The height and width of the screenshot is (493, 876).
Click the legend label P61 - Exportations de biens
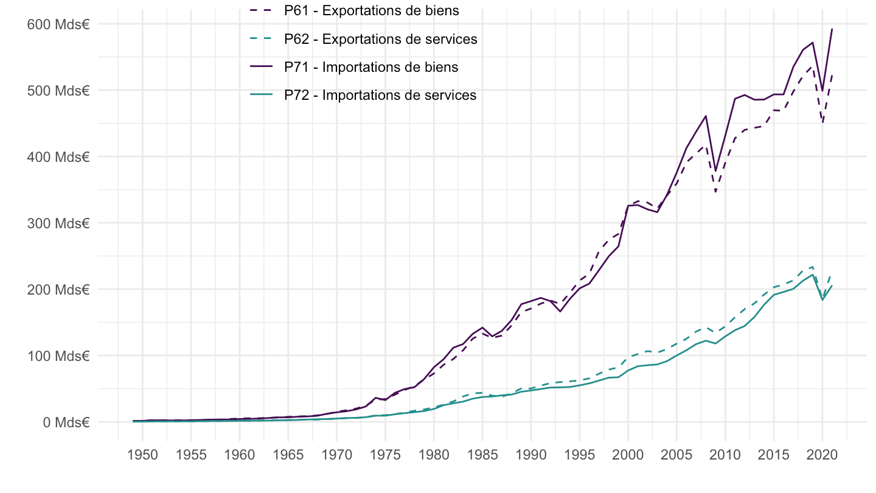pyautogui.click(x=371, y=11)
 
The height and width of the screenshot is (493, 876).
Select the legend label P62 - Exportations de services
pyautogui.click(x=380, y=39)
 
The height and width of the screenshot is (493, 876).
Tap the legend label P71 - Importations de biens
pyautogui.click(x=371, y=67)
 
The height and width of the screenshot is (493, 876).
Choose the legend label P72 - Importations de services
pyautogui.click(x=380, y=95)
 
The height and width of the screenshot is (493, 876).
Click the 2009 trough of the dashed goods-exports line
pyautogui.click(x=715, y=192)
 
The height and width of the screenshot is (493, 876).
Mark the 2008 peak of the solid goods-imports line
pyautogui.click(x=706, y=116)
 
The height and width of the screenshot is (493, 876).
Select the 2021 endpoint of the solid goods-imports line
pyautogui.click(x=832, y=29)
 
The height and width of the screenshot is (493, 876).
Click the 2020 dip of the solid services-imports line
pyautogui.click(x=822, y=299)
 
